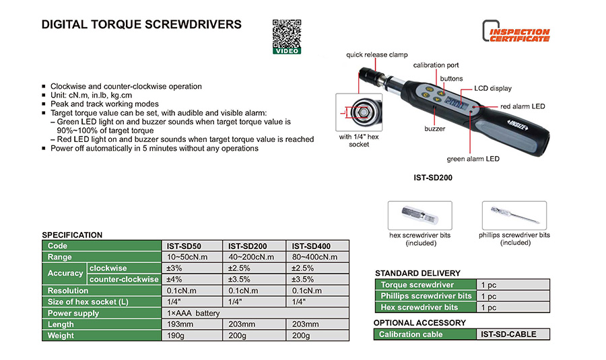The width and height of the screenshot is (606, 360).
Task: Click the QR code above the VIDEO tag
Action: [x=286, y=32]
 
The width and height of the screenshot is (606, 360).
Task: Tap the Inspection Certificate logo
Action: [x=516, y=31]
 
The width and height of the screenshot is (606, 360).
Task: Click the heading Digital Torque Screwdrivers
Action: [x=141, y=25]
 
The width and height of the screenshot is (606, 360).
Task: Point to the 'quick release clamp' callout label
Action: [x=377, y=55]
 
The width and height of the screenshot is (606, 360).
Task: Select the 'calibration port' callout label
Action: [x=436, y=65]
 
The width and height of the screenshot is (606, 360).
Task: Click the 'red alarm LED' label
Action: [x=523, y=106]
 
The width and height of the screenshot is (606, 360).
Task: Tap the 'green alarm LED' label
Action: [x=473, y=159]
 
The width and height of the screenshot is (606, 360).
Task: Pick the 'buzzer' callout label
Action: [x=434, y=128]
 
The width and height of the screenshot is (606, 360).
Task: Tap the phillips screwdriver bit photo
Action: [x=514, y=215]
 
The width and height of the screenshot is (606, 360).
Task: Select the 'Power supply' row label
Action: [x=73, y=313]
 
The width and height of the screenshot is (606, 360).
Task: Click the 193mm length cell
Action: [x=179, y=324]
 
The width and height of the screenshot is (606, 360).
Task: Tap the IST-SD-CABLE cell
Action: [x=508, y=334]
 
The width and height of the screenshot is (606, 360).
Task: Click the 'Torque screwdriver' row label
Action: [x=417, y=285]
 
